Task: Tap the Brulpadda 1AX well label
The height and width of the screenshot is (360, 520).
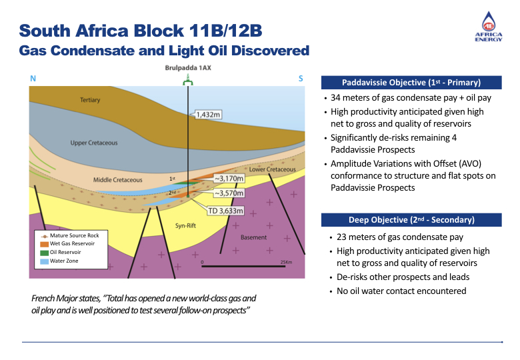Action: pos(188,68)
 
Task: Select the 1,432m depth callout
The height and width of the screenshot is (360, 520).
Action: pos(208,114)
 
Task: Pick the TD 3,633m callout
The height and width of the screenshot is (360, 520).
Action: pos(225,211)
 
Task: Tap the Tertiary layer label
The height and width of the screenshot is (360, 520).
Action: pos(90,100)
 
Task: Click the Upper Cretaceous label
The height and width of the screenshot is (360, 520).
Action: pos(94,143)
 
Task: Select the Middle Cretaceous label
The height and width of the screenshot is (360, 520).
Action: pos(117,179)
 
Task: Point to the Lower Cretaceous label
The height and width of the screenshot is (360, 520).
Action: pos(272,169)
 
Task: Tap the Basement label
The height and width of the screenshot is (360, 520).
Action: pos(253,237)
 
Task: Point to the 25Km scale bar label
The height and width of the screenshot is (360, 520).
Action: pos(287,262)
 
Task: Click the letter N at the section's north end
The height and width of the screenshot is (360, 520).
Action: pos(33,79)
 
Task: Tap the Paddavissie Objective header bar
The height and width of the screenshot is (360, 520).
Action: pos(411,83)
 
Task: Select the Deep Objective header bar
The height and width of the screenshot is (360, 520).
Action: pos(411,220)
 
